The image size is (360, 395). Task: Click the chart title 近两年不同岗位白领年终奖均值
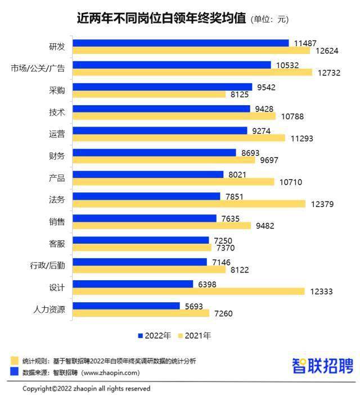point(161,18)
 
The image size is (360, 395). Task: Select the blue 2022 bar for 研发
point(180,43)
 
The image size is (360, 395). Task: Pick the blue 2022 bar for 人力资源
point(127,306)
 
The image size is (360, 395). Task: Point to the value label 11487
point(305,43)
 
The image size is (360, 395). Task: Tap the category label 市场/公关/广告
point(38,69)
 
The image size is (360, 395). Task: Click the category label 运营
point(57,134)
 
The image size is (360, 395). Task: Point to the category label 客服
point(57,244)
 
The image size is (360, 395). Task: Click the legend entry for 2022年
point(154,335)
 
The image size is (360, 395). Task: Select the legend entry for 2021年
point(195,335)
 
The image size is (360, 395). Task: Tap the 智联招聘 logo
point(322,366)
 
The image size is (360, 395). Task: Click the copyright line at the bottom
point(86,388)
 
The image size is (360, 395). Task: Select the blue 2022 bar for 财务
point(155,152)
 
